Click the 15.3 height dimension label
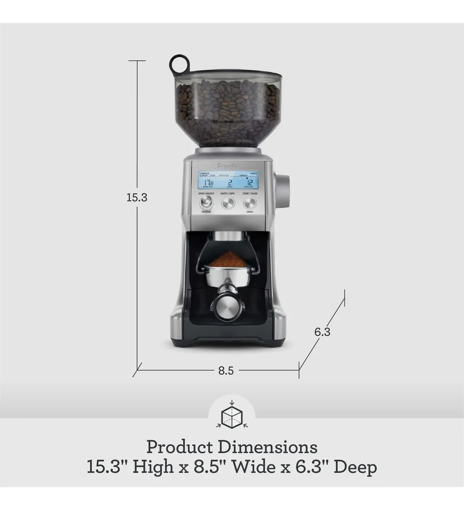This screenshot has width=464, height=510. pos(137,198)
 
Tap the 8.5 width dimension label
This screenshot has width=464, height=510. pos(226,371)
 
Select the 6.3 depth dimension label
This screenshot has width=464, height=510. pos(322,332)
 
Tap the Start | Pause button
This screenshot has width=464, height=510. pos(250,203)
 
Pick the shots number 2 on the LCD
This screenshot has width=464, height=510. pos(229,182)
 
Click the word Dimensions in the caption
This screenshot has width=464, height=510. pos(268,447)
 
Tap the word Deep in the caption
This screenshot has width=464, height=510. pos(355,467)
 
